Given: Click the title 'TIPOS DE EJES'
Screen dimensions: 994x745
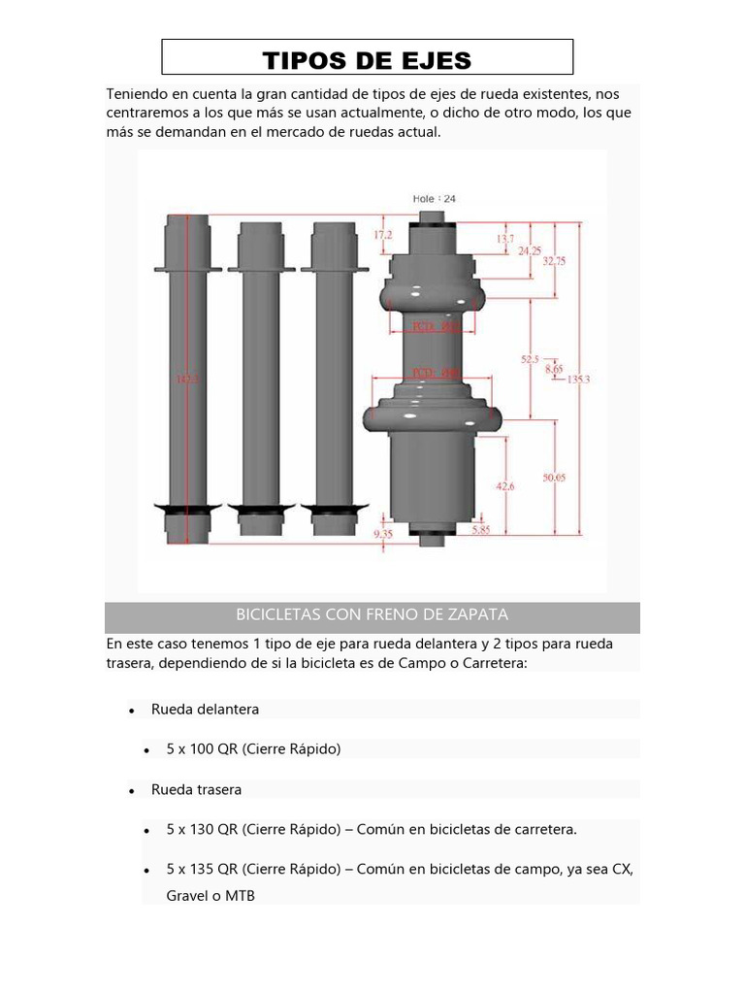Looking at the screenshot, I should [367, 60].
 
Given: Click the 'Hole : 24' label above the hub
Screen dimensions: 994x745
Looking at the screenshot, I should [435, 198].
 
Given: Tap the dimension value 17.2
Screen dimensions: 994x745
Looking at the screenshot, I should [383, 235].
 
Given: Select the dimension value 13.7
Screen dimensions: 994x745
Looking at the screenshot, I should [504, 238].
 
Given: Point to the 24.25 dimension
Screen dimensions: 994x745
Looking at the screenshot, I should [529, 249].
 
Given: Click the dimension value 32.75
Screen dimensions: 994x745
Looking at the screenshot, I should [554, 260].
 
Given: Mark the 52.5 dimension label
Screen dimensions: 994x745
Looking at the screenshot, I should [530, 359].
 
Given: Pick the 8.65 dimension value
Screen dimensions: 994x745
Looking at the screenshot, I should [554, 369].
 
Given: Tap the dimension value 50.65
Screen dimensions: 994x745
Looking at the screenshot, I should [555, 477].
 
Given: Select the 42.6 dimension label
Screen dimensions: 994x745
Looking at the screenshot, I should [503, 486].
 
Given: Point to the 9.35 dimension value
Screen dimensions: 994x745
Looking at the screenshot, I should [383, 533].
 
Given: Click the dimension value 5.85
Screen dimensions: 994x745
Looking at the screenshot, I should [481, 530].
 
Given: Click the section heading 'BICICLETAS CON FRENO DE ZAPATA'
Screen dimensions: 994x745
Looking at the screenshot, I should [372, 614].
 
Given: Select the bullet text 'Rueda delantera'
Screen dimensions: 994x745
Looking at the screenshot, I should [205, 710].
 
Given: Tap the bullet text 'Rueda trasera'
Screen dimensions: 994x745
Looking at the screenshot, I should [196, 790].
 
